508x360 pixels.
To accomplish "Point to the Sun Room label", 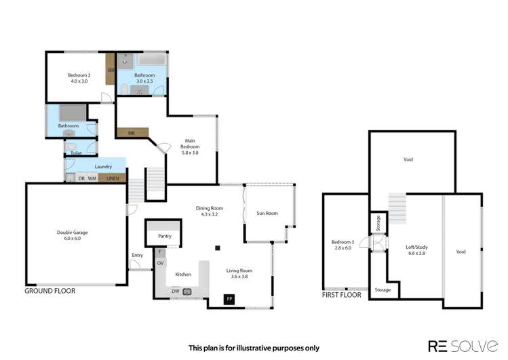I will (268, 213).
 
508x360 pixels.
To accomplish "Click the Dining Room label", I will (212, 211).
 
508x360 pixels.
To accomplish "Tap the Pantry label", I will (163, 236).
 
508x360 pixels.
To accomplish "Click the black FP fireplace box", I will (229, 299).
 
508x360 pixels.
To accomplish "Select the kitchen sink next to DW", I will (187, 292).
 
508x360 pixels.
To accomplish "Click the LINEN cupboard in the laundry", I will (112, 178).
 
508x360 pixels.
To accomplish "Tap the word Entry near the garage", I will (138, 256).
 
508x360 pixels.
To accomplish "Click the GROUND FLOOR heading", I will (50, 291).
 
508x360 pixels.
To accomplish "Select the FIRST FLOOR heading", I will (341, 295).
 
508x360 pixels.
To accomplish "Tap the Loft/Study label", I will (416, 249).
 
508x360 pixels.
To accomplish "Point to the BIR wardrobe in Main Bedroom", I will (132, 134).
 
